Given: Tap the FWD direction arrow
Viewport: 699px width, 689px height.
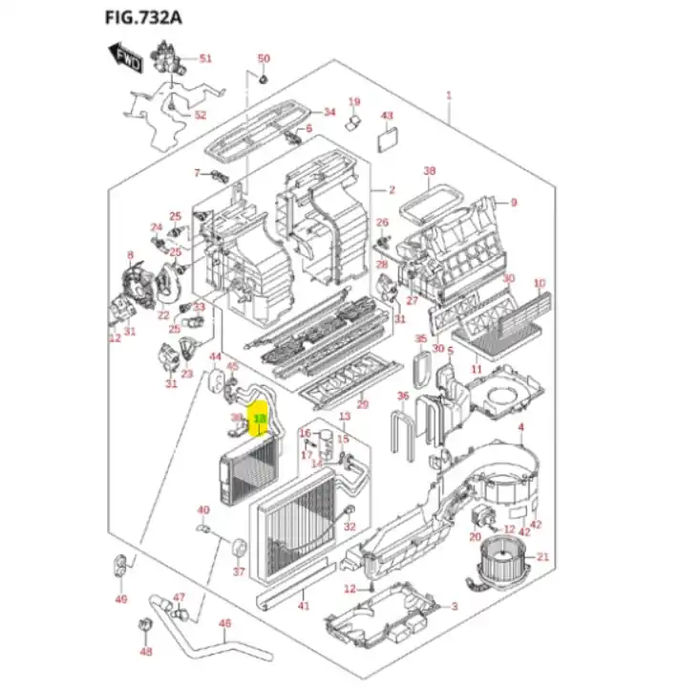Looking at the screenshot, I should pyautogui.click(x=126, y=58).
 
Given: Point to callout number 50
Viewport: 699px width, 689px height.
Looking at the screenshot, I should pyautogui.click(x=265, y=59).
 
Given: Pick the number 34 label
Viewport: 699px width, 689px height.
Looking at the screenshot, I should pyautogui.click(x=329, y=112).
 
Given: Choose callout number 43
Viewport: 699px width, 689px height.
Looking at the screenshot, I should pyautogui.click(x=387, y=116).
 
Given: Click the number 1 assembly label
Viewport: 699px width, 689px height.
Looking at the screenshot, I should pyautogui.click(x=449, y=96).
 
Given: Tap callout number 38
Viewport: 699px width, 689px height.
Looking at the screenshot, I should pyautogui.click(x=430, y=171).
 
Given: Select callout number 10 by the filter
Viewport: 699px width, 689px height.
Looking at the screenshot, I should pyautogui.click(x=539, y=283).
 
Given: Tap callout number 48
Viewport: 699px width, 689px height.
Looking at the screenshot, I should pyautogui.click(x=145, y=652).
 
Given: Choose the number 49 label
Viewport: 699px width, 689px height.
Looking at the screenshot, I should pyautogui.click(x=120, y=599).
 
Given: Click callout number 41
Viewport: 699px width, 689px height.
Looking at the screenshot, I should pyautogui.click(x=304, y=606).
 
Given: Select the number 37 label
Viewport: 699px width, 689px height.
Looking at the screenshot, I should pyautogui.click(x=239, y=573).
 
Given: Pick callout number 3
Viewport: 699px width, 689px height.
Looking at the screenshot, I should pyautogui.click(x=455, y=607).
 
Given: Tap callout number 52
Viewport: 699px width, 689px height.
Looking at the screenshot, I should pyautogui.click(x=200, y=115).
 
